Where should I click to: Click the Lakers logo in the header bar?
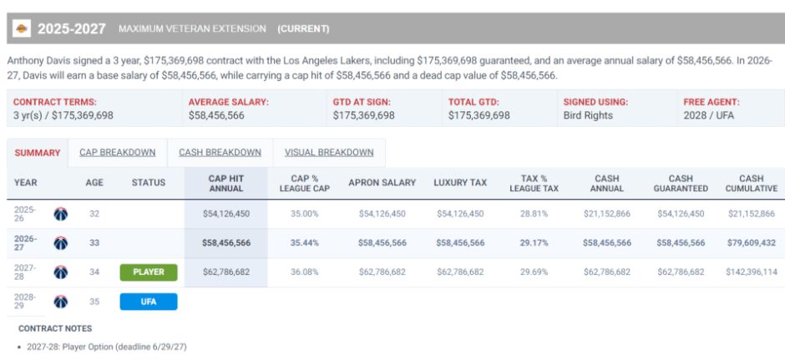coord(21,28)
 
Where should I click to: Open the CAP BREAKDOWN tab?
coord(117,153)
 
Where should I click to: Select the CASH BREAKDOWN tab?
coord(220,153)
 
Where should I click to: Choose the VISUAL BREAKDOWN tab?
coord(329,153)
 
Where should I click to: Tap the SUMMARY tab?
coord(38,153)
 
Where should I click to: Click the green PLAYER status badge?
coord(148,272)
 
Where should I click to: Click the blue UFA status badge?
coord(148,302)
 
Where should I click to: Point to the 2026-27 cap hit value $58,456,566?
coord(226,243)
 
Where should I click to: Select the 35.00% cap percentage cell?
coord(304,214)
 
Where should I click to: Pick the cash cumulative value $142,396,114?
coord(751,271)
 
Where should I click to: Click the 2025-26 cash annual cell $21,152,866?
coord(607,214)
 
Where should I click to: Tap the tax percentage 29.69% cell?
coord(534,271)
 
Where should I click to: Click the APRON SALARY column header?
coord(382,183)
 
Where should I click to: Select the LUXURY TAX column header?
coord(460,183)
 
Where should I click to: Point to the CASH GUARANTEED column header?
coord(681,183)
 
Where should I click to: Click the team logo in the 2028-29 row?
coord(61,302)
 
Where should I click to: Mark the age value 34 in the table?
coord(94,271)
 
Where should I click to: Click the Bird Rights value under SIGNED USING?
coord(588,115)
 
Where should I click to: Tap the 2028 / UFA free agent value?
coord(708,115)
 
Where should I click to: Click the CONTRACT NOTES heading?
coord(55,328)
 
